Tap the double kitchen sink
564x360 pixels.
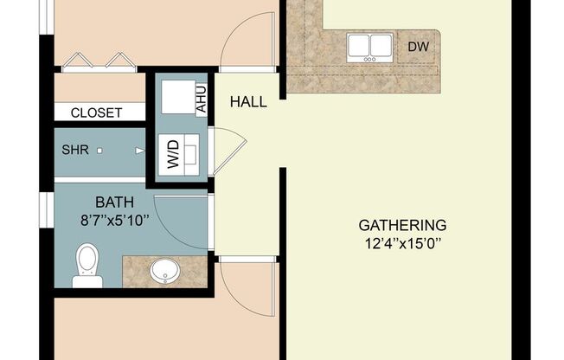click(x=369, y=47)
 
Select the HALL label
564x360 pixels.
click(x=248, y=102)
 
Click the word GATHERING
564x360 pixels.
click(x=402, y=225)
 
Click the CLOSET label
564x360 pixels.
click(x=96, y=112)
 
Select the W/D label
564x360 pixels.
click(x=174, y=157)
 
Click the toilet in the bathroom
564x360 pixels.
click(x=87, y=264)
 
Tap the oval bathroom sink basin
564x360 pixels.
click(x=163, y=272)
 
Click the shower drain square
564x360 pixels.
click(x=100, y=150)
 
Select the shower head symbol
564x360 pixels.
click(x=140, y=150)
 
